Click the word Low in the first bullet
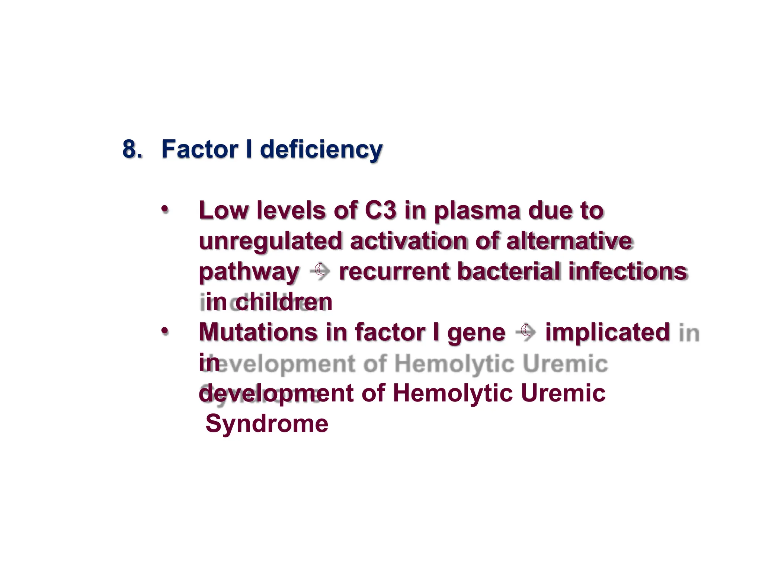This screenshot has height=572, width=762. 223,210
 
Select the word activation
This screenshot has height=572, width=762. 409,241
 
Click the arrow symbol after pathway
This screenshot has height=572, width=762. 320,271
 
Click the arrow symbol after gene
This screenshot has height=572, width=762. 526,332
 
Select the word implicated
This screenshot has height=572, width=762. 607,333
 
